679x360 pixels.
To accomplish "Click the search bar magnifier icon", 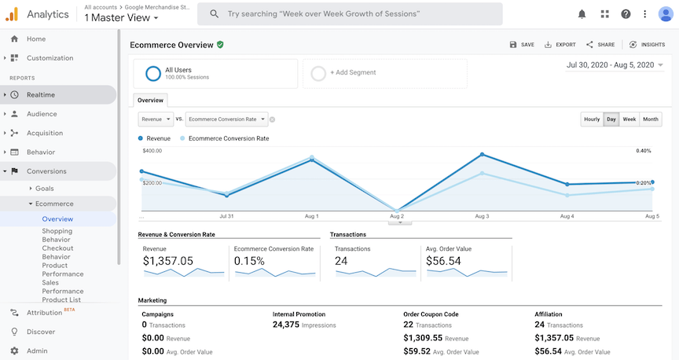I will (212, 14).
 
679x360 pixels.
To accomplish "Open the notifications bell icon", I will (582, 14).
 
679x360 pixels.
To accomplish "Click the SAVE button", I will (522, 45).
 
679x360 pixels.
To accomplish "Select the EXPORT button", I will (560, 45).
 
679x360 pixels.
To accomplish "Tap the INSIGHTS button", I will (647, 45).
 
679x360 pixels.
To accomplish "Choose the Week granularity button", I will (629, 119).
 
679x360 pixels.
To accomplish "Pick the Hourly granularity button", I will (592, 119).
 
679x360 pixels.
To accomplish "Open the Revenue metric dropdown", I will (155, 119).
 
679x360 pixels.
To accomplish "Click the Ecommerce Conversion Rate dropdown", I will (226, 119).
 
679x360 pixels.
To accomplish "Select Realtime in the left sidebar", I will (41, 95).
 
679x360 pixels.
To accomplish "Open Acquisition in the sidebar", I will (45, 133).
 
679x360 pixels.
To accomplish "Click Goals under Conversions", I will (44, 189).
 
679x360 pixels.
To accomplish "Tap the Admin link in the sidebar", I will (37, 351).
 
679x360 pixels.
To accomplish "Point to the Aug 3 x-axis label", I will (482, 215).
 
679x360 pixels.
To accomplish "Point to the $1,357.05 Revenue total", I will (167, 261).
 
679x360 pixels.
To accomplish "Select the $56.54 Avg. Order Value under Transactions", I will (443, 261).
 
